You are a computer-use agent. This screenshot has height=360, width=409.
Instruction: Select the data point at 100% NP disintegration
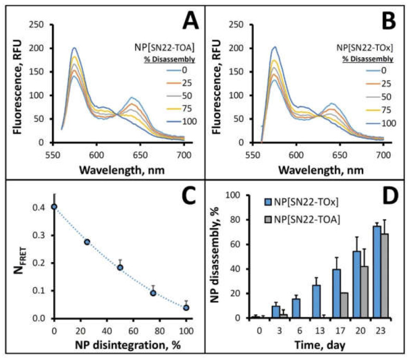point(186,307)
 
